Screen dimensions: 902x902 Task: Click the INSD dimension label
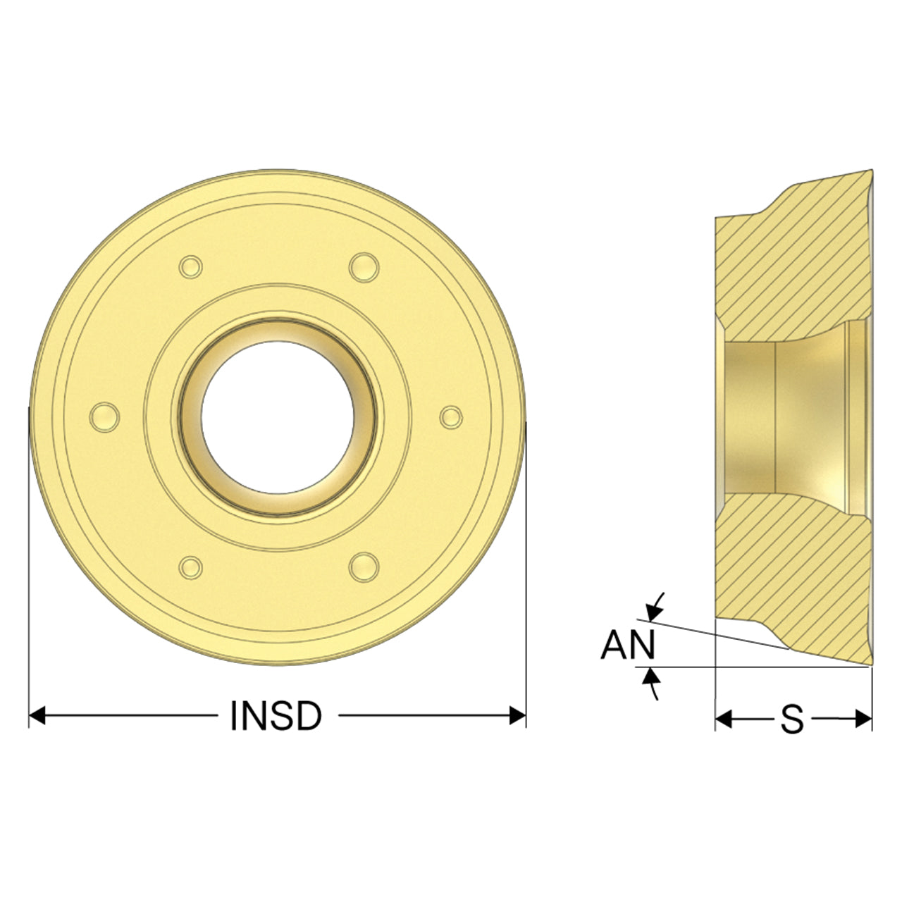pyautogui.click(x=276, y=716)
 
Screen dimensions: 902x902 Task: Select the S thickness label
pyautogui.click(x=792, y=719)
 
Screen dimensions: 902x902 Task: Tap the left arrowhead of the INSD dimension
pyautogui.click(x=37, y=716)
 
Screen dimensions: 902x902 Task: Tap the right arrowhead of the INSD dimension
pyautogui.click(x=517, y=716)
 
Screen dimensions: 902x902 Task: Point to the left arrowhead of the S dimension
pyautogui.click(x=724, y=719)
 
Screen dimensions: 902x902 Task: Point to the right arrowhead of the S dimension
pyautogui.click(x=863, y=719)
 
